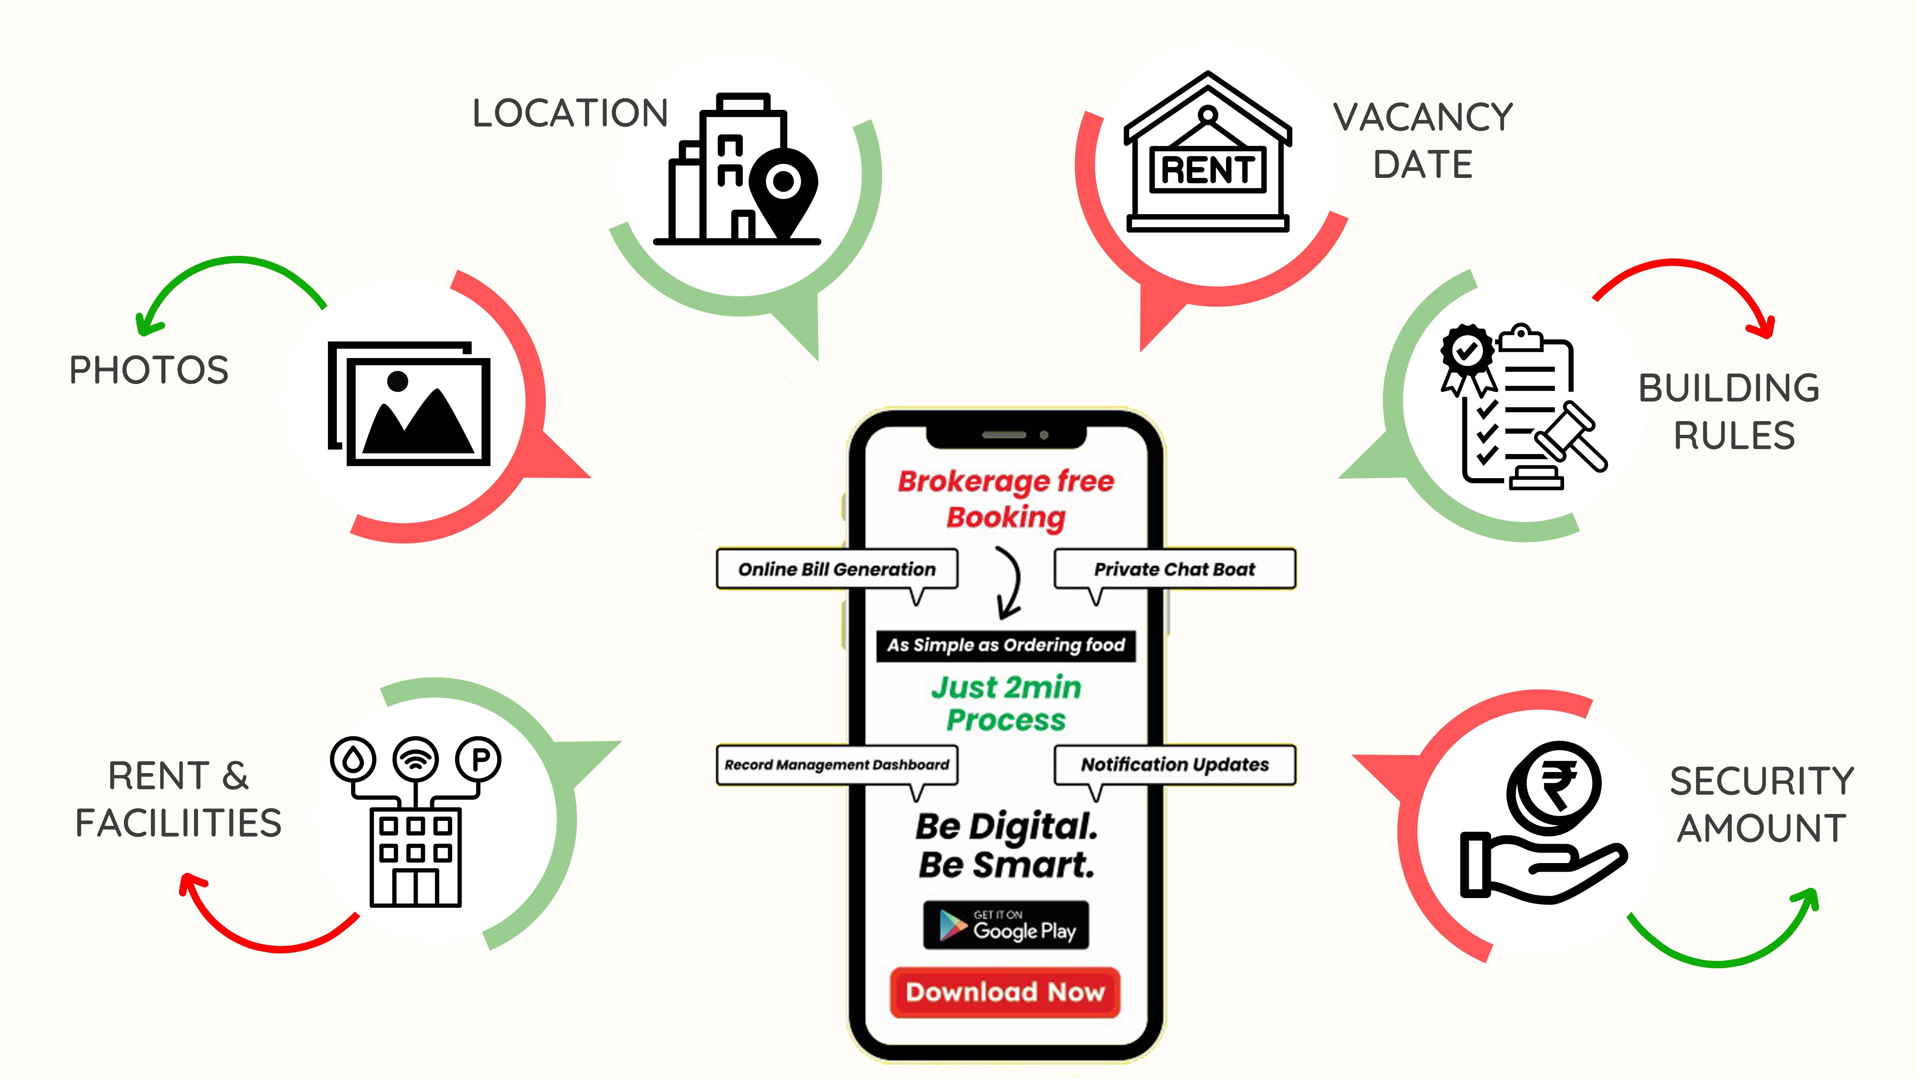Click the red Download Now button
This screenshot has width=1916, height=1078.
pyautogui.click(x=1005, y=992)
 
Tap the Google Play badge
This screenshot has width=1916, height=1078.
pyautogui.click(x=1006, y=926)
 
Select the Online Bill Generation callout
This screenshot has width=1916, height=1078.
pyautogui.click(x=837, y=569)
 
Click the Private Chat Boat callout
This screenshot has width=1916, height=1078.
pyautogui.click(x=1175, y=569)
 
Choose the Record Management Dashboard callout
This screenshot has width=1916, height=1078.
pyautogui.click(x=837, y=765)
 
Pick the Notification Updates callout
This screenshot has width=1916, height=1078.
pyautogui.click(x=1175, y=765)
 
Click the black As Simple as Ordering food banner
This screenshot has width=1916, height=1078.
pyautogui.click(x=1006, y=645)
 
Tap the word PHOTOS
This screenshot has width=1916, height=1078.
pyautogui.click(x=149, y=370)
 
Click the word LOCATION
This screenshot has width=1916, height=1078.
pyautogui.click(x=570, y=113)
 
